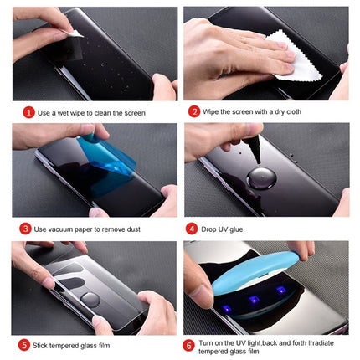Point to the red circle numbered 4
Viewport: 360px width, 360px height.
pyautogui.click(x=193, y=226)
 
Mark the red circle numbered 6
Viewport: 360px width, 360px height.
pyautogui.click(x=193, y=344)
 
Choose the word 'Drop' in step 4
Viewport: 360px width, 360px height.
pyautogui.click(x=211, y=227)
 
